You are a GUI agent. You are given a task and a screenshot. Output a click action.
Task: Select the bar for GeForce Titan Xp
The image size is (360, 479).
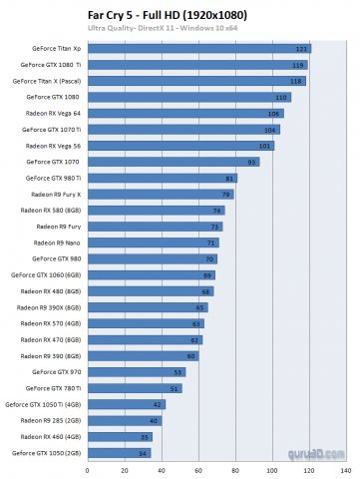[199, 48]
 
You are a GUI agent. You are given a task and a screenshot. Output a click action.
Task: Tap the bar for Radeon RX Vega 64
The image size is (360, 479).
[185, 113]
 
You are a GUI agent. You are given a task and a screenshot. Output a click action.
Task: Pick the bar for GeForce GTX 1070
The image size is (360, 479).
[174, 162]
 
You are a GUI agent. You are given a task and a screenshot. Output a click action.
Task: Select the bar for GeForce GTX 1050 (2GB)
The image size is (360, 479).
[120, 453]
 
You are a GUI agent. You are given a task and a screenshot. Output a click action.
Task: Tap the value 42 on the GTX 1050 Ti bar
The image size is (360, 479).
[159, 405]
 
